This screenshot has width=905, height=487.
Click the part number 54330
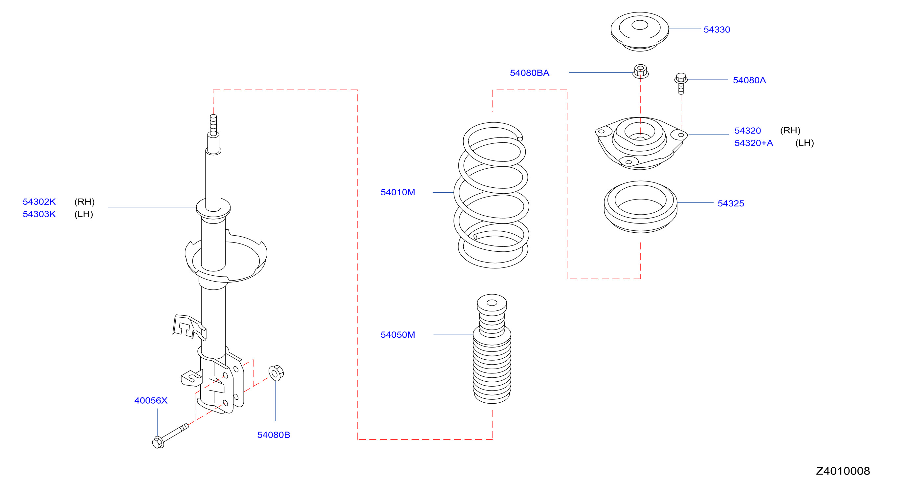click(x=717, y=30)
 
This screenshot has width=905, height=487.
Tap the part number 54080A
click(x=749, y=80)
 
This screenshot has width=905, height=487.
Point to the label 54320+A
click(x=754, y=143)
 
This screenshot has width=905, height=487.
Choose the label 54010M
click(x=398, y=192)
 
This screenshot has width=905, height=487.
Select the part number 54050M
click(x=398, y=335)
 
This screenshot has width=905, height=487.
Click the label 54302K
click(x=39, y=201)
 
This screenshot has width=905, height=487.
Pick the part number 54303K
click(x=39, y=214)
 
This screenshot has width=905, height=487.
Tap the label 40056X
click(x=151, y=400)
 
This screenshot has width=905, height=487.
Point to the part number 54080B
click(x=274, y=435)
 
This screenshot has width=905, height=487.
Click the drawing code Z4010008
click(x=843, y=471)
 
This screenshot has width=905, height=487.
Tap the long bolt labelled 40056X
click(x=170, y=436)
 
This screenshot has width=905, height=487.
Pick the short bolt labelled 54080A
click(x=681, y=84)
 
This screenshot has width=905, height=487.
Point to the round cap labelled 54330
click(x=639, y=32)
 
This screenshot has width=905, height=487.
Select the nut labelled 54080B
click(x=276, y=373)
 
